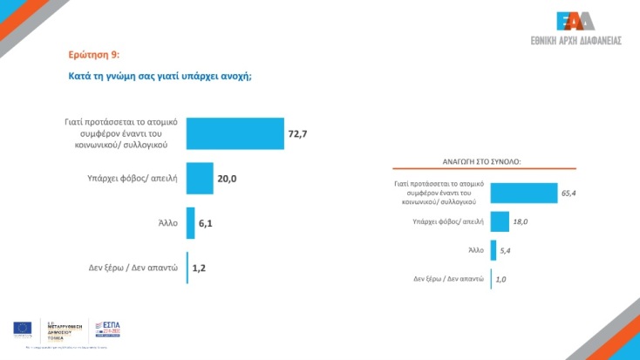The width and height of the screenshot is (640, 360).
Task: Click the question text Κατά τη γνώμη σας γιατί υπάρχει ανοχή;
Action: pyautogui.click(x=160, y=76)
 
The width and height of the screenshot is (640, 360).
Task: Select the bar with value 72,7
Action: pyautogui.click(x=235, y=133)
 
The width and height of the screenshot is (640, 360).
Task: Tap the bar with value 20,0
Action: pyautogui.click(x=200, y=178)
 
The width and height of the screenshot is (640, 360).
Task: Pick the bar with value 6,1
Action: pyautogui.click(x=190, y=222)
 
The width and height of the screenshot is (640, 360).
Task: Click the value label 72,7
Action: pyautogui.click(x=298, y=133)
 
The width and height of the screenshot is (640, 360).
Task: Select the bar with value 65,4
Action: pyautogui.click(x=523, y=193)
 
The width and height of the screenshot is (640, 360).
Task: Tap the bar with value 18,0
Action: pyautogui.click(x=500, y=221)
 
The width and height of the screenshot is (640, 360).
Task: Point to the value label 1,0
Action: pyautogui.click(x=501, y=279)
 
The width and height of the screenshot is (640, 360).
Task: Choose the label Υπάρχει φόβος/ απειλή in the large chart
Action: pyautogui.click(x=134, y=178)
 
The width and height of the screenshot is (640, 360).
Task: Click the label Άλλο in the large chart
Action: pyautogui.click(x=168, y=222)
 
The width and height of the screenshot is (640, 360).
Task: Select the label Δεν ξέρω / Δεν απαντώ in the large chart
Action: pyautogui.click(x=133, y=268)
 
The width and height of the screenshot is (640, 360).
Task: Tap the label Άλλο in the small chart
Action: pyautogui.click(x=475, y=250)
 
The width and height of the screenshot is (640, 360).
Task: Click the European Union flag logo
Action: pyautogui.click(x=23, y=328)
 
